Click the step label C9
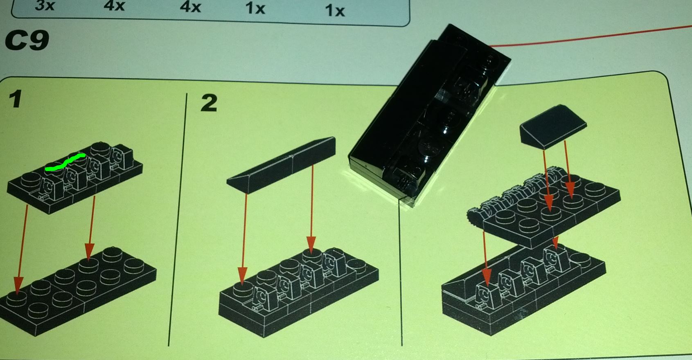click(27, 40)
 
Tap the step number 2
click(209, 103)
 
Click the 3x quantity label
click(45, 5)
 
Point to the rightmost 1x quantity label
click(335, 11)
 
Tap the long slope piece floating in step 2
click(281, 166)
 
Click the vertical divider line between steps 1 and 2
click(178, 219)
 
